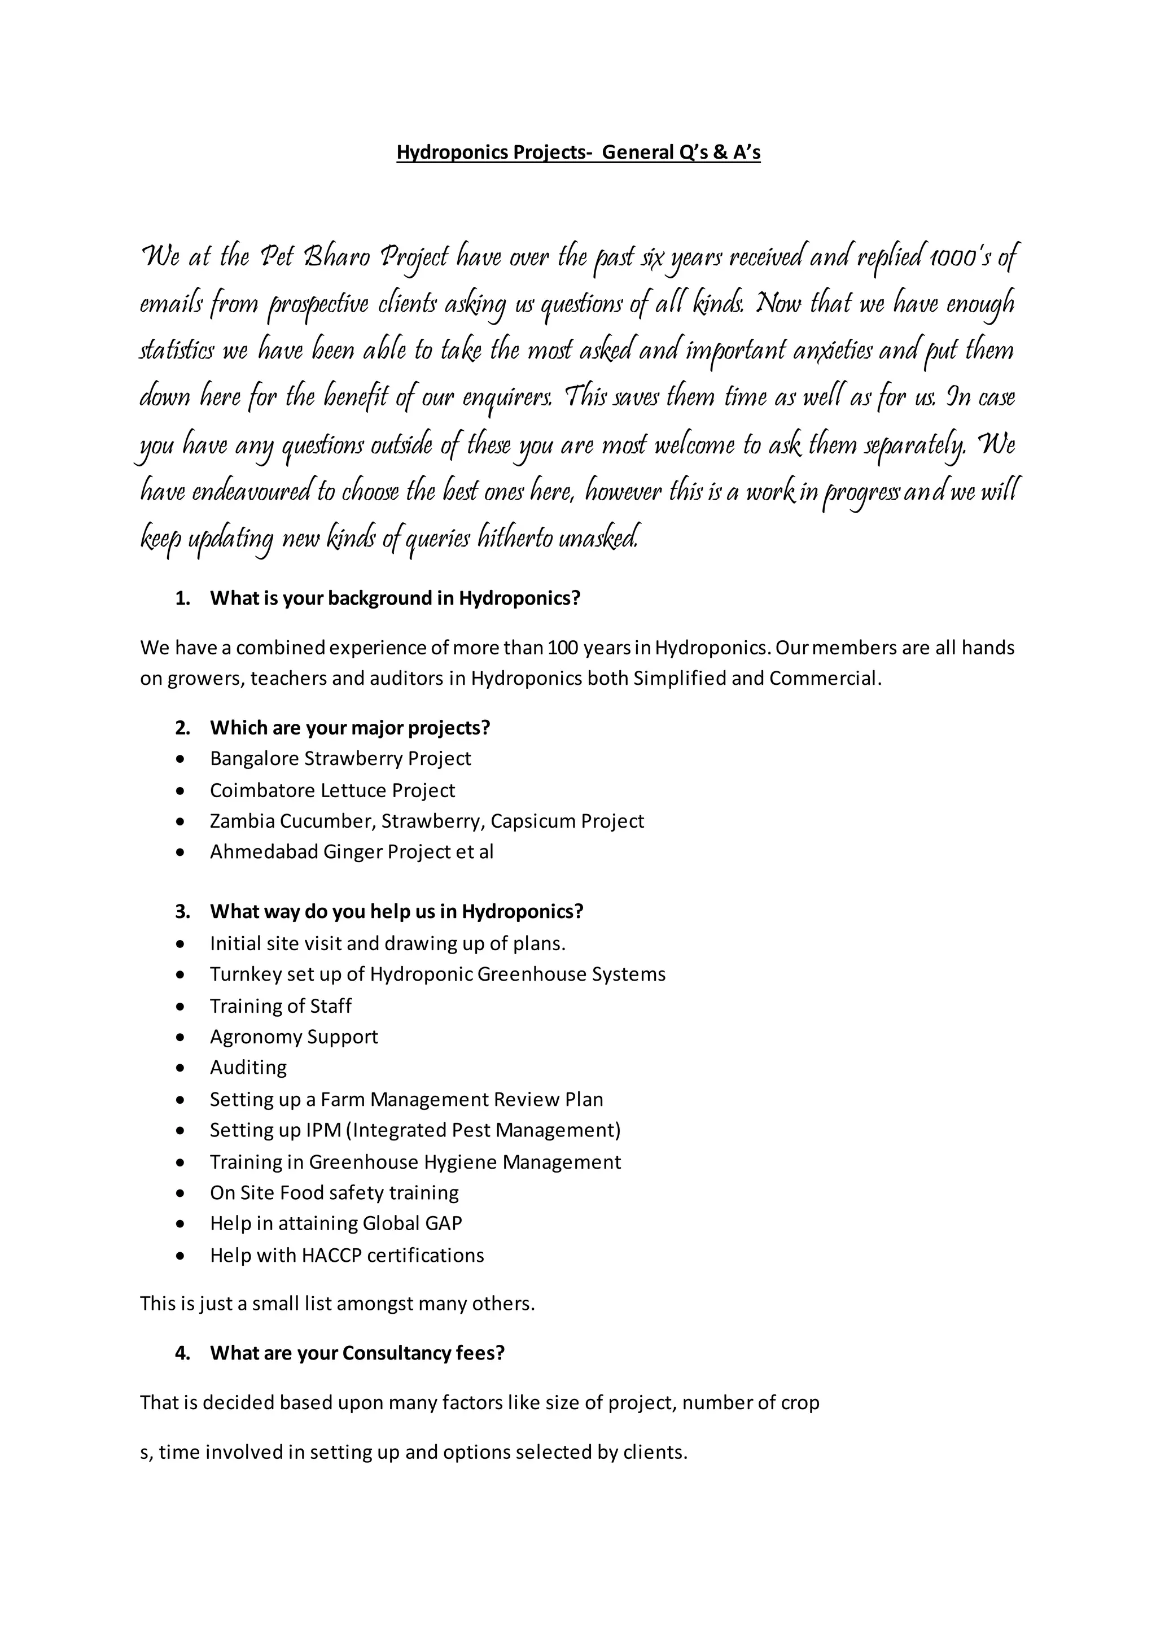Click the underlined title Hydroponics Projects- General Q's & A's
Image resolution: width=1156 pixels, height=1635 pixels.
[x=578, y=152]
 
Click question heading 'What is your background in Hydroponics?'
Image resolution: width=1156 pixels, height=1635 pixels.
[x=395, y=598]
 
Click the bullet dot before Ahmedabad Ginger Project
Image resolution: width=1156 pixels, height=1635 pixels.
[x=182, y=853]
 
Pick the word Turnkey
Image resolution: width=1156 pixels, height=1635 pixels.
[x=243, y=974]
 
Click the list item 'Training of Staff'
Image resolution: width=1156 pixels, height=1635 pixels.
[x=281, y=1006]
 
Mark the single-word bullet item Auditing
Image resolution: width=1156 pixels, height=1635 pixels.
[x=248, y=1068]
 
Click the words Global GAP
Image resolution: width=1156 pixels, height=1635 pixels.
[x=412, y=1223]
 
